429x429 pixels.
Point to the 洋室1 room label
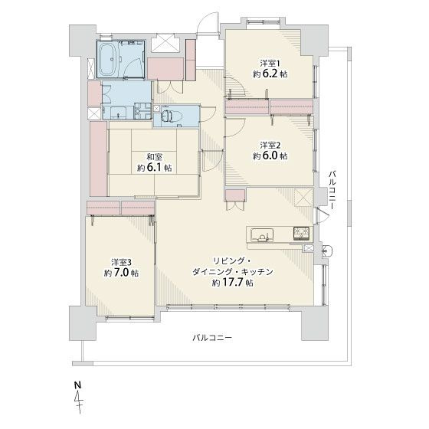coord(268,63)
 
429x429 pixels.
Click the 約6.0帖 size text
coord(270,156)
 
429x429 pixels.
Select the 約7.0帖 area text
coord(121,273)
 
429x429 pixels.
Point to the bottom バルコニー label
coord(212,338)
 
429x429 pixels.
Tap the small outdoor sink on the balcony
coord(326,250)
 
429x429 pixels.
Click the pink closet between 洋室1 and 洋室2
coord(269,106)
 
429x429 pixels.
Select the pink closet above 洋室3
coord(121,208)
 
